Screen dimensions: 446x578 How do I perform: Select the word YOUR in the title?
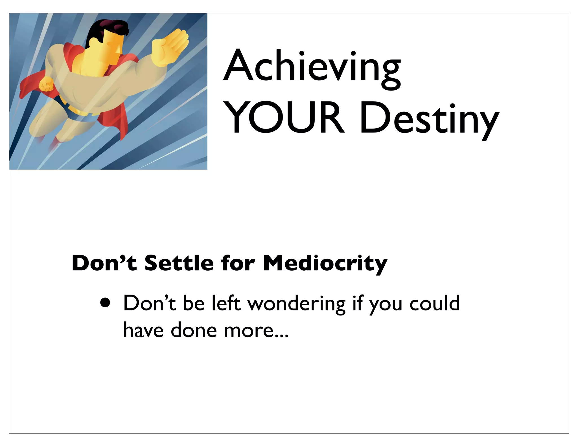point(285,118)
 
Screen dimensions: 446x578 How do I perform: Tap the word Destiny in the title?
point(429,120)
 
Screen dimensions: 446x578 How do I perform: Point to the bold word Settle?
point(179,263)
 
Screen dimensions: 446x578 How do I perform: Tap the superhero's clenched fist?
point(46,84)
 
